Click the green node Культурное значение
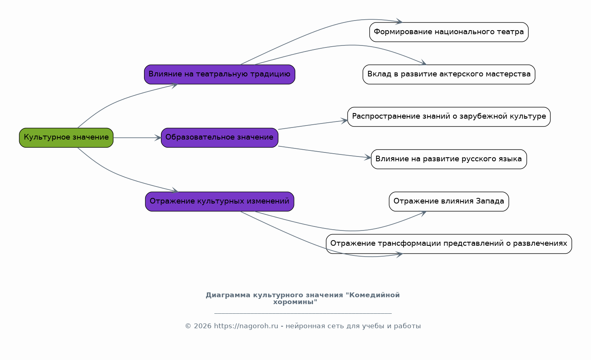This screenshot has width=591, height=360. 66,138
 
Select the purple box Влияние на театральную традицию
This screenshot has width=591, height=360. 220,74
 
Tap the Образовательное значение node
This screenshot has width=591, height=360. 220,138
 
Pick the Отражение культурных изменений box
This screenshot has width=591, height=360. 220,202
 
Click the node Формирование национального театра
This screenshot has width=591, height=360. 449,32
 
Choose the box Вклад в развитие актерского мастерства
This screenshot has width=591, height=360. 449,74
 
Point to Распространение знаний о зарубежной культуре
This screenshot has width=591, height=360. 449,117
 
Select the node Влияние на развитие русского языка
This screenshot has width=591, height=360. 449,159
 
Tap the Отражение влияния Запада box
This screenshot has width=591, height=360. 449,202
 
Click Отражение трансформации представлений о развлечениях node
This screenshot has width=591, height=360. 449,244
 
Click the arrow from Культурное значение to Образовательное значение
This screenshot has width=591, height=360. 137,138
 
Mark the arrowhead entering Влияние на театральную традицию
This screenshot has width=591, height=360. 175,85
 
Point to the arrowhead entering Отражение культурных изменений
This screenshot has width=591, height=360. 175,190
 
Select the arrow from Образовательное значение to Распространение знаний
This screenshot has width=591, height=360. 313,125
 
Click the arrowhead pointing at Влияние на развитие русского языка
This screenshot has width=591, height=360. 368,157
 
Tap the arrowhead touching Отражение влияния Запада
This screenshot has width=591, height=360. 423,213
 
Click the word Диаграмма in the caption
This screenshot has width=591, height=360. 228,295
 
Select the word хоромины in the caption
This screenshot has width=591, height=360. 295,302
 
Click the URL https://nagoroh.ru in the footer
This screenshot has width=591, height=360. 246,326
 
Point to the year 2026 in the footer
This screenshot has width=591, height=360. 203,326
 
